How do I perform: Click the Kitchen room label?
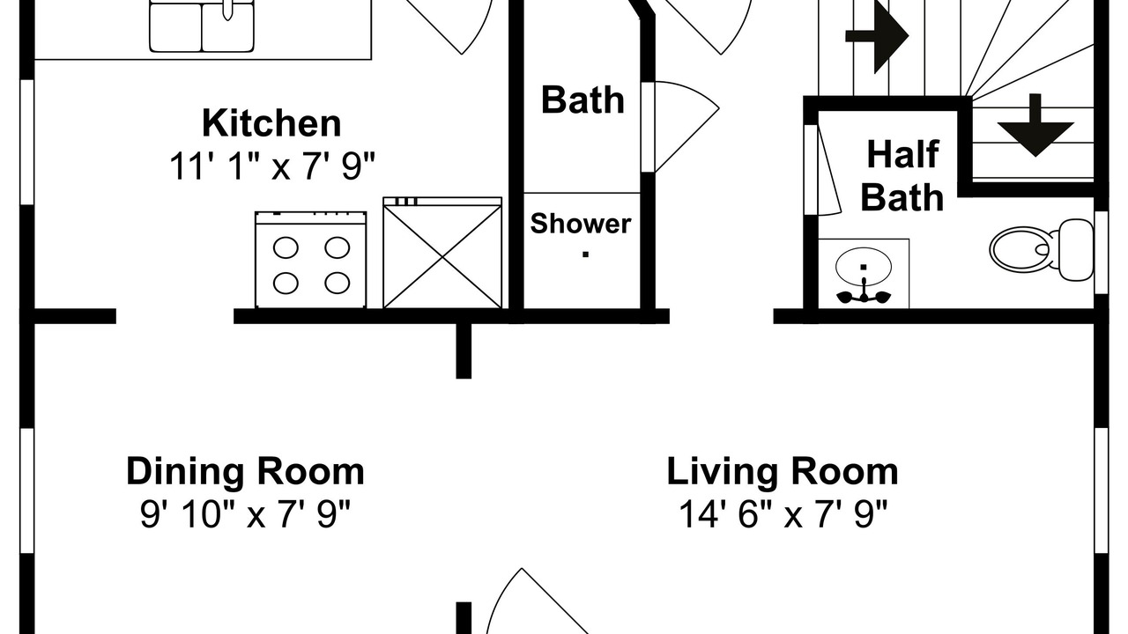click(x=271, y=122)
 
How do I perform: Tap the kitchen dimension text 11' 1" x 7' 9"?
click(x=272, y=166)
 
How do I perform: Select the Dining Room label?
click(x=245, y=473)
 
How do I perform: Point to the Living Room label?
click(x=783, y=473)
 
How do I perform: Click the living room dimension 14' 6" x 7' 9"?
click(x=783, y=514)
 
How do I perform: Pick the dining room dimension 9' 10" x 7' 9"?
click(x=245, y=514)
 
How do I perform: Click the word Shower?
click(x=581, y=224)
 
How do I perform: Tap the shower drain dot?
click(x=586, y=254)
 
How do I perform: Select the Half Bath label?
click(x=902, y=175)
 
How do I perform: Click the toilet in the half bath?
click(x=1043, y=249)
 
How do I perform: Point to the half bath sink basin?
click(x=864, y=267)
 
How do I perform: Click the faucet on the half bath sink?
click(x=864, y=294)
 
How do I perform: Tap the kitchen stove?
click(x=311, y=260)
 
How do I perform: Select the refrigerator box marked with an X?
click(x=442, y=253)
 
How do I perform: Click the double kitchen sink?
click(x=202, y=26)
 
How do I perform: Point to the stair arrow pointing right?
click(x=877, y=36)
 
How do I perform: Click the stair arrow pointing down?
click(x=1035, y=125)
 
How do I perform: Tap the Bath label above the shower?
click(x=583, y=100)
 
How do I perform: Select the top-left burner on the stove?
click(x=286, y=247)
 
